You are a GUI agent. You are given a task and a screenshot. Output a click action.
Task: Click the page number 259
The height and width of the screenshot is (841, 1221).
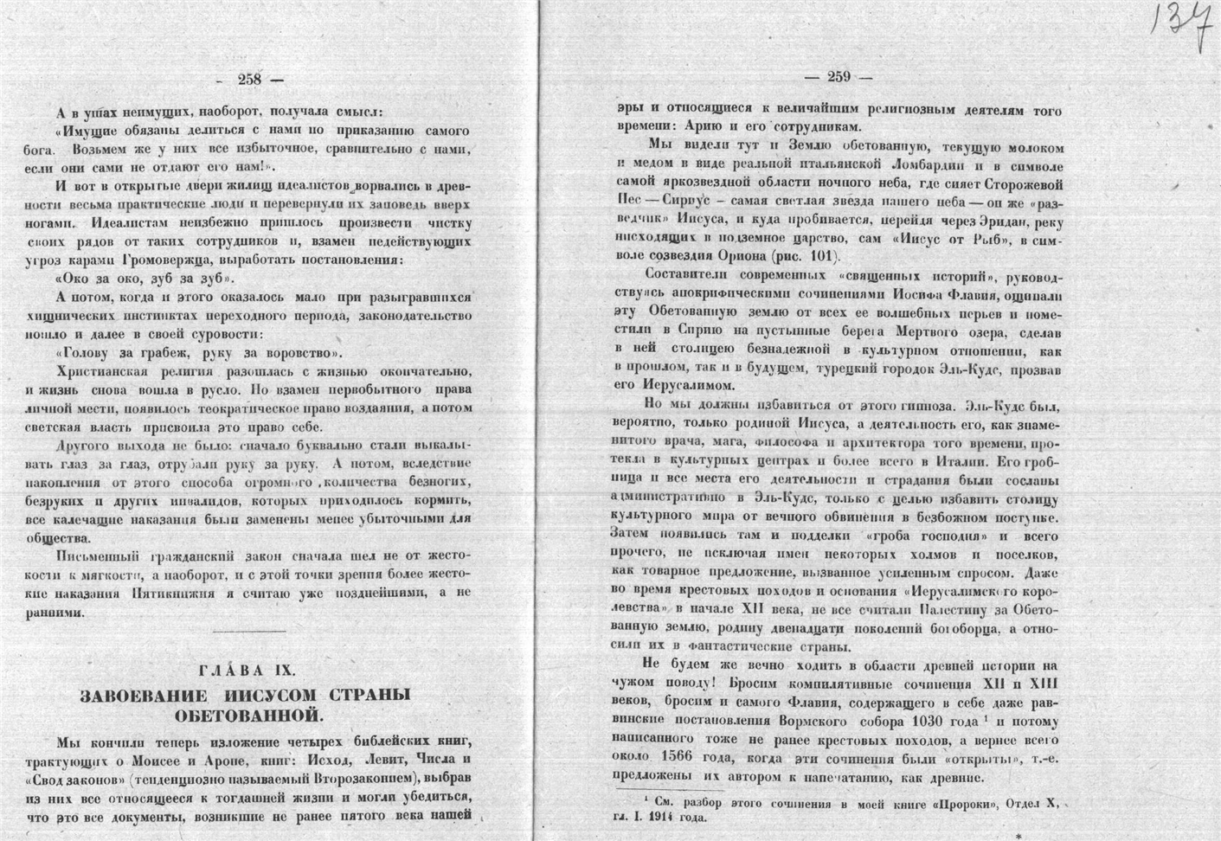(839, 76)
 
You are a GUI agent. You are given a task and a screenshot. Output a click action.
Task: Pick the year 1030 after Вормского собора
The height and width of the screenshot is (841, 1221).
(961, 722)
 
